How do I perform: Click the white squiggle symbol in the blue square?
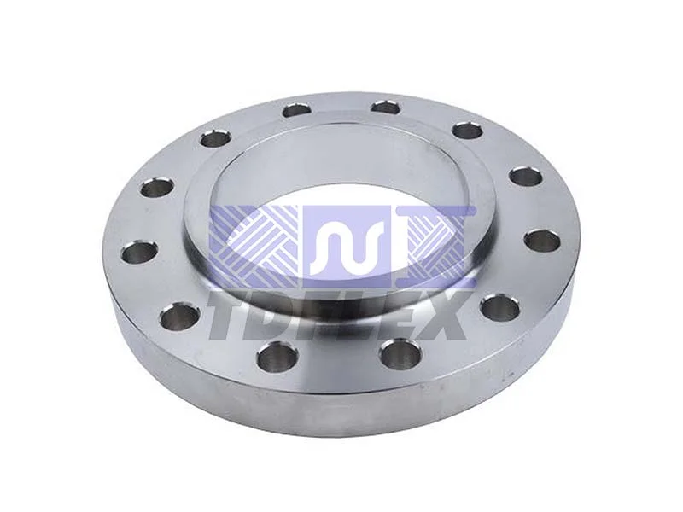pos(347,244)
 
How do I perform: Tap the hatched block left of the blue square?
pos(255,247)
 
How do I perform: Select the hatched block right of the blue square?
pos(435,247)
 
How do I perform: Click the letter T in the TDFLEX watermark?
pos(233,315)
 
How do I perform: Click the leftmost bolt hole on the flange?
pos(138,253)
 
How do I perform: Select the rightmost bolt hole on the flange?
pos(541,241)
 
